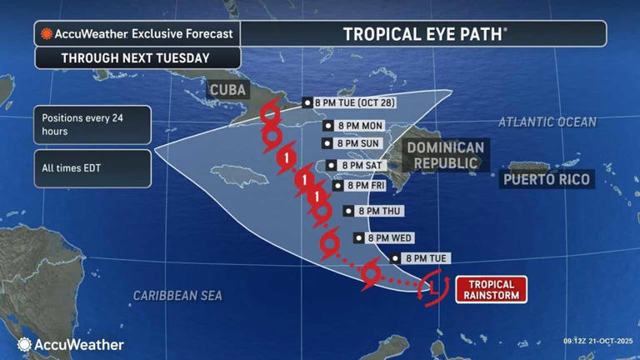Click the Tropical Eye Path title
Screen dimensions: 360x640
click(x=424, y=33)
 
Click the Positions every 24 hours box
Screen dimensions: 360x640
click(x=92, y=125)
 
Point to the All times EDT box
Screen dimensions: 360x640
click(x=92, y=168)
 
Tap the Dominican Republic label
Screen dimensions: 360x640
click(x=445, y=155)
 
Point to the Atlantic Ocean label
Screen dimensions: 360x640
click(x=547, y=122)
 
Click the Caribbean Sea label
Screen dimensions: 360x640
click(x=177, y=295)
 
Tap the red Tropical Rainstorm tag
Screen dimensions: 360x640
click(x=491, y=289)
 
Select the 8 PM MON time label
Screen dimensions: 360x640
click(x=355, y=126)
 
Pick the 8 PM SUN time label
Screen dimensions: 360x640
click(x=355, y=143)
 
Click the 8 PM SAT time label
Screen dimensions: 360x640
click(x=357, y=165)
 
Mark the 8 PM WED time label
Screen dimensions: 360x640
click(x=383, y=237)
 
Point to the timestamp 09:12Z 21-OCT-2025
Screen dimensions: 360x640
click(x=597, y=341)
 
